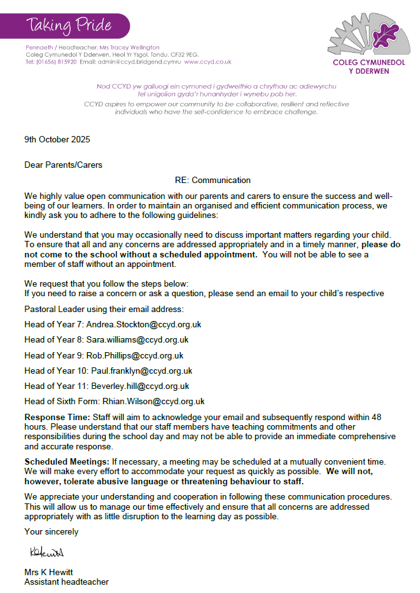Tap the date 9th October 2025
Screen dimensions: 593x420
(x=57, y=139)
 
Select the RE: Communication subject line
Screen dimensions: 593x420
(x=213, y=180)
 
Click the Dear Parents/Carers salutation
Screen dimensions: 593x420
(x=63, y=165)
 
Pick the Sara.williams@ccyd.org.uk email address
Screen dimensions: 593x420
(x=137, y=339)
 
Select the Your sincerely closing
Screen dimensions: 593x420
(x=52, y=531)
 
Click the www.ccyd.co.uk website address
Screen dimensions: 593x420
(x=208, y=62)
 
